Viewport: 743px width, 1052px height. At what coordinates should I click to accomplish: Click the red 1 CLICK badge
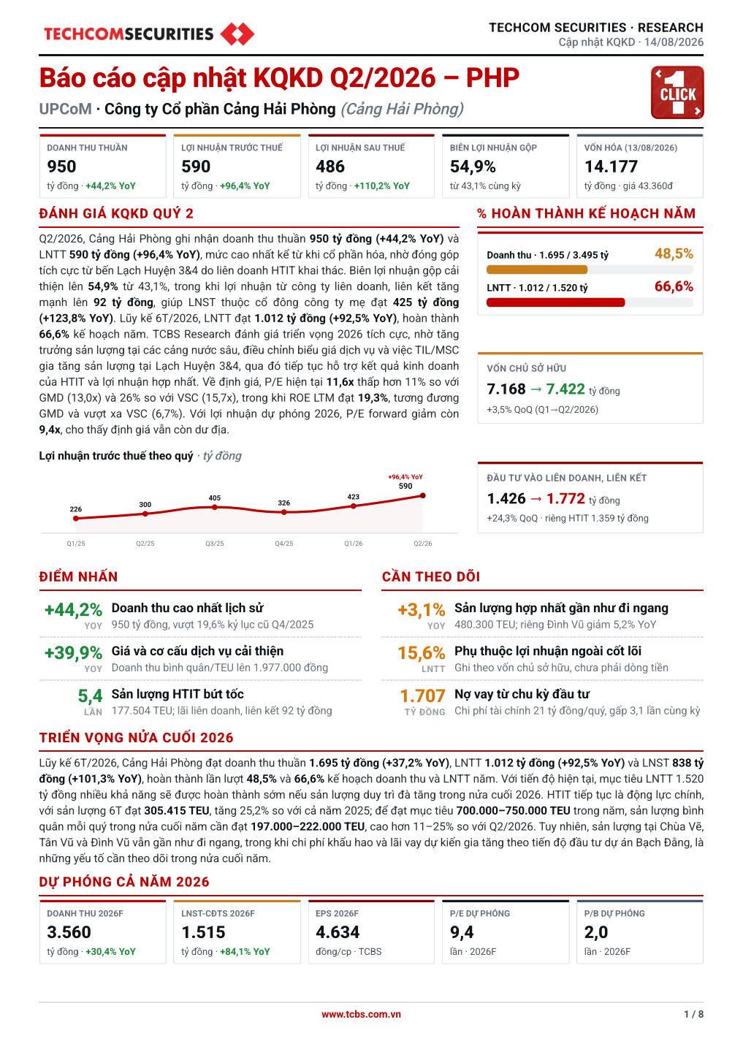(x=677, y=93)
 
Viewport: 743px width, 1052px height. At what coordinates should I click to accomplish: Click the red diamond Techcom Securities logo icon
(x=237, y=34)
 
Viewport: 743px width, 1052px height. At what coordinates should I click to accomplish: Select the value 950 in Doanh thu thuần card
(x=61, y=167)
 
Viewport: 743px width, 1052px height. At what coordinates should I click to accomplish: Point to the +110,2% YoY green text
(x=381, y=186)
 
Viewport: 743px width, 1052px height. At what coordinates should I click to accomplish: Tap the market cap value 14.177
(x=611, y=167)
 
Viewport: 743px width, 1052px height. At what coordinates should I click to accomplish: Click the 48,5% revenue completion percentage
(x=674, y=254)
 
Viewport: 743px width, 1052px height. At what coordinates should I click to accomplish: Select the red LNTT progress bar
(x=555, y=302)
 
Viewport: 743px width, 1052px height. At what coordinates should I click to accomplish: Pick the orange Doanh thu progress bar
(x=537, y=270)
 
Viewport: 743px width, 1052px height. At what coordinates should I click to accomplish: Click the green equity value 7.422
(x=565, y=389)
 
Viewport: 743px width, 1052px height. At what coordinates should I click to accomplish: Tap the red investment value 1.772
(x=565, y=498)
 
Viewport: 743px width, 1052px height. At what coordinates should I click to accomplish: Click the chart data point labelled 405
(x=215, y=507)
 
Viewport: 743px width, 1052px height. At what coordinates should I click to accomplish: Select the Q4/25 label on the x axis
(x=283, y=544)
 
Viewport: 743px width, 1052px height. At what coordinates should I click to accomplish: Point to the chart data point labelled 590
(x=423, y=495)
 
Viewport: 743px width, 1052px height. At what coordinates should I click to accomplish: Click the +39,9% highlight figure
(x=73, y=653)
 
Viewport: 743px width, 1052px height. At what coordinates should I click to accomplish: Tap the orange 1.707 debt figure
(x=422, y=695)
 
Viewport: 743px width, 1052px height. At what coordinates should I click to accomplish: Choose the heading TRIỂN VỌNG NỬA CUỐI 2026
(x=136, y=738)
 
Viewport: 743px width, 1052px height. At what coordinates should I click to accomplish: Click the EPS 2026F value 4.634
(x=338, y=932)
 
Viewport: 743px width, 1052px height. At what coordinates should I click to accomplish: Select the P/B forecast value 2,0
(x=595, y=932)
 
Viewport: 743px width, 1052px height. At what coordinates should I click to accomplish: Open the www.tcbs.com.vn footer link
(x=361, y=1015)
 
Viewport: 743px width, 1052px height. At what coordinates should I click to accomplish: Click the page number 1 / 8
(x=694, y=1015)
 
